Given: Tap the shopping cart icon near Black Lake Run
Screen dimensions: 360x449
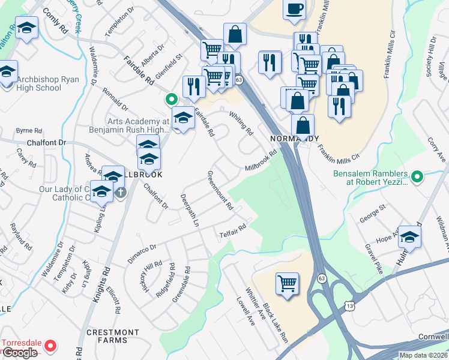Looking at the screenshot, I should pyautogui.click(x=288, y=282).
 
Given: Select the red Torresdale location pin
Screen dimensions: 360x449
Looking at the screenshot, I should pyautogui.click(x=51, y=346).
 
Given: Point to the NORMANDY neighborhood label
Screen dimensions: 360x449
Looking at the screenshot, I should pyautogui.click(x=294, y=138).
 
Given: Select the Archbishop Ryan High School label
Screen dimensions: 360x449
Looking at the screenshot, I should pyautogui.click(x=39, y=83).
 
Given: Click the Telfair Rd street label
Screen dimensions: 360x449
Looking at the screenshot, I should pyautogui.click(x=233, y=229).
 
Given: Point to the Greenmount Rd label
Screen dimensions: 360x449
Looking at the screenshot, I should pyautogui.click(x=220, y=190).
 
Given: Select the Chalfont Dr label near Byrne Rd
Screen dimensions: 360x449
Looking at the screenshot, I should pyautogui.click(x=46, y=143).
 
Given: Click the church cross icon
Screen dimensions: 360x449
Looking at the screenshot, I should pyautogui.click(x=121, y=193).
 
